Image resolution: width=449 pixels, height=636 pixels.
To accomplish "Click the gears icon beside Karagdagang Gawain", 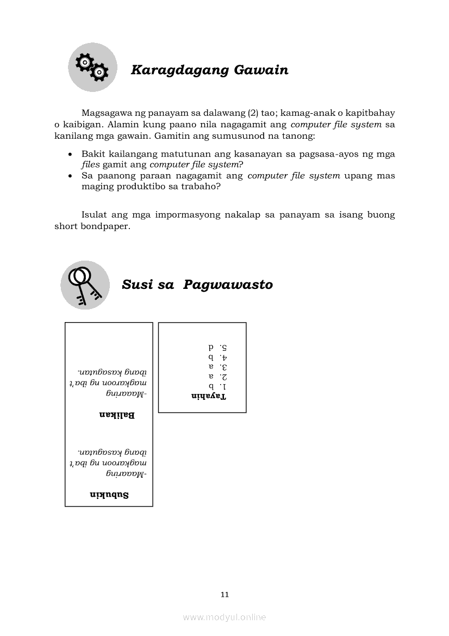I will tap(92, 67).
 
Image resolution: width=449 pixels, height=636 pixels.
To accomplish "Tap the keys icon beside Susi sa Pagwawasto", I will tap(85, 285).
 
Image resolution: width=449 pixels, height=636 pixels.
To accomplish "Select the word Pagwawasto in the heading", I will tap(228, 285).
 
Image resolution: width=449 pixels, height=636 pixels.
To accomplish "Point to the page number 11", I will tap(224, 594).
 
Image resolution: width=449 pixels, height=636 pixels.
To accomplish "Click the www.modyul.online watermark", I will tap(224, 617).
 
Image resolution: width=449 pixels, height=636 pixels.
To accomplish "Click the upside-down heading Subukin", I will tap(109, 495).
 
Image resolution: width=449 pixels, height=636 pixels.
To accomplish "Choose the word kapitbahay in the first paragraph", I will tap(372, 113).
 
